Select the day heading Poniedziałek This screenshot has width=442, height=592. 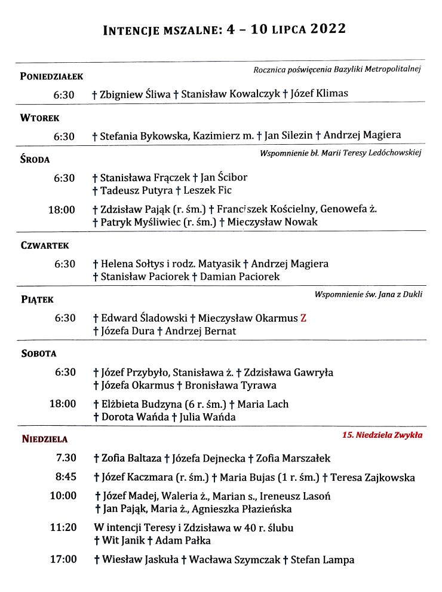[51, 76]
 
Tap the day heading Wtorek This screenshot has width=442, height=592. [39, 118]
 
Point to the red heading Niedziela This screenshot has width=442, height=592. [45, 439]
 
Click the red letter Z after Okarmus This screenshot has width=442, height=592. [303, 318]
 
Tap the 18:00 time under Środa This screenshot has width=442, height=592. [62, 209]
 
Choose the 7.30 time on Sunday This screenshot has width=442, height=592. [66, 458]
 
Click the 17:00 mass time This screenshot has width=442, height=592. [65, 560]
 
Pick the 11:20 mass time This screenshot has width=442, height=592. [65, 528]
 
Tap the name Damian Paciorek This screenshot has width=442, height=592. [240, 277]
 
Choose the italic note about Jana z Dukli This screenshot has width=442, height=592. [369, 295]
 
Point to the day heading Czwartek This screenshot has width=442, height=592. [45, 245]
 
